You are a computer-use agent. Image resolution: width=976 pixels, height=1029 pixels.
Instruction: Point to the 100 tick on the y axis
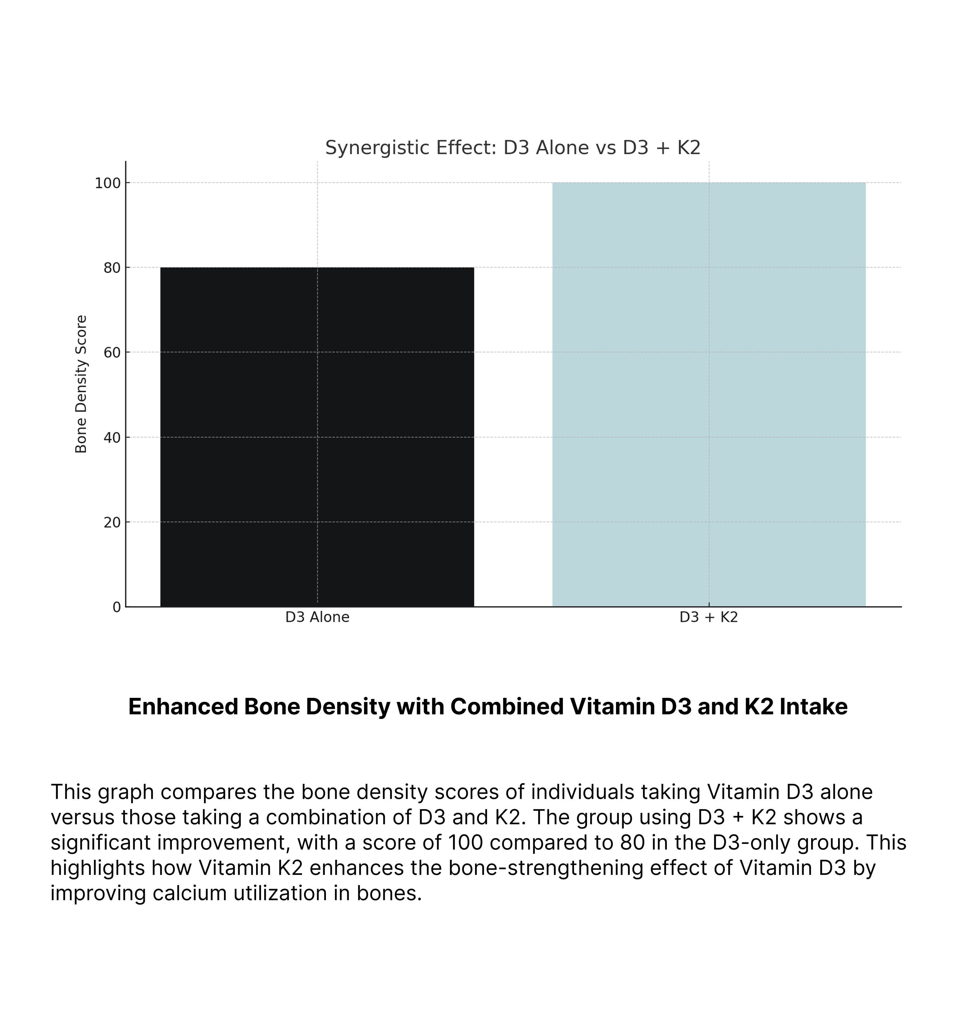coord(108,183)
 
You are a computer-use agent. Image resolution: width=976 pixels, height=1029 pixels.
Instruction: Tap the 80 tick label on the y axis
coord(112,268)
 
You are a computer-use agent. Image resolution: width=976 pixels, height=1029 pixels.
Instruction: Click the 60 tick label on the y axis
coord(112,353)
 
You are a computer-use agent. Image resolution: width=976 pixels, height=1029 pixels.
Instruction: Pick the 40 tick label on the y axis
coord(112,437)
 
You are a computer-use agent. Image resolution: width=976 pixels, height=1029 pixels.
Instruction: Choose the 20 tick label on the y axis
coord(112,522)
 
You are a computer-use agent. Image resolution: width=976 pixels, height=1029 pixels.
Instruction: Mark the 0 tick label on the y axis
coord(117,607)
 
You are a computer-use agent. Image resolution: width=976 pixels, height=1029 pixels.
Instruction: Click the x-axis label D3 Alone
coord(317,617)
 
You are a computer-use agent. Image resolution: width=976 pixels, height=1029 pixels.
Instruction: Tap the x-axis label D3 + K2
coord(709,617)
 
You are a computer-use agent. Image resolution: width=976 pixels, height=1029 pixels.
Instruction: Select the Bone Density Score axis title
coord(81,384)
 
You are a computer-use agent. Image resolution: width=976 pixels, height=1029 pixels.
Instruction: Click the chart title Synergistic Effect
coord(512,148)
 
